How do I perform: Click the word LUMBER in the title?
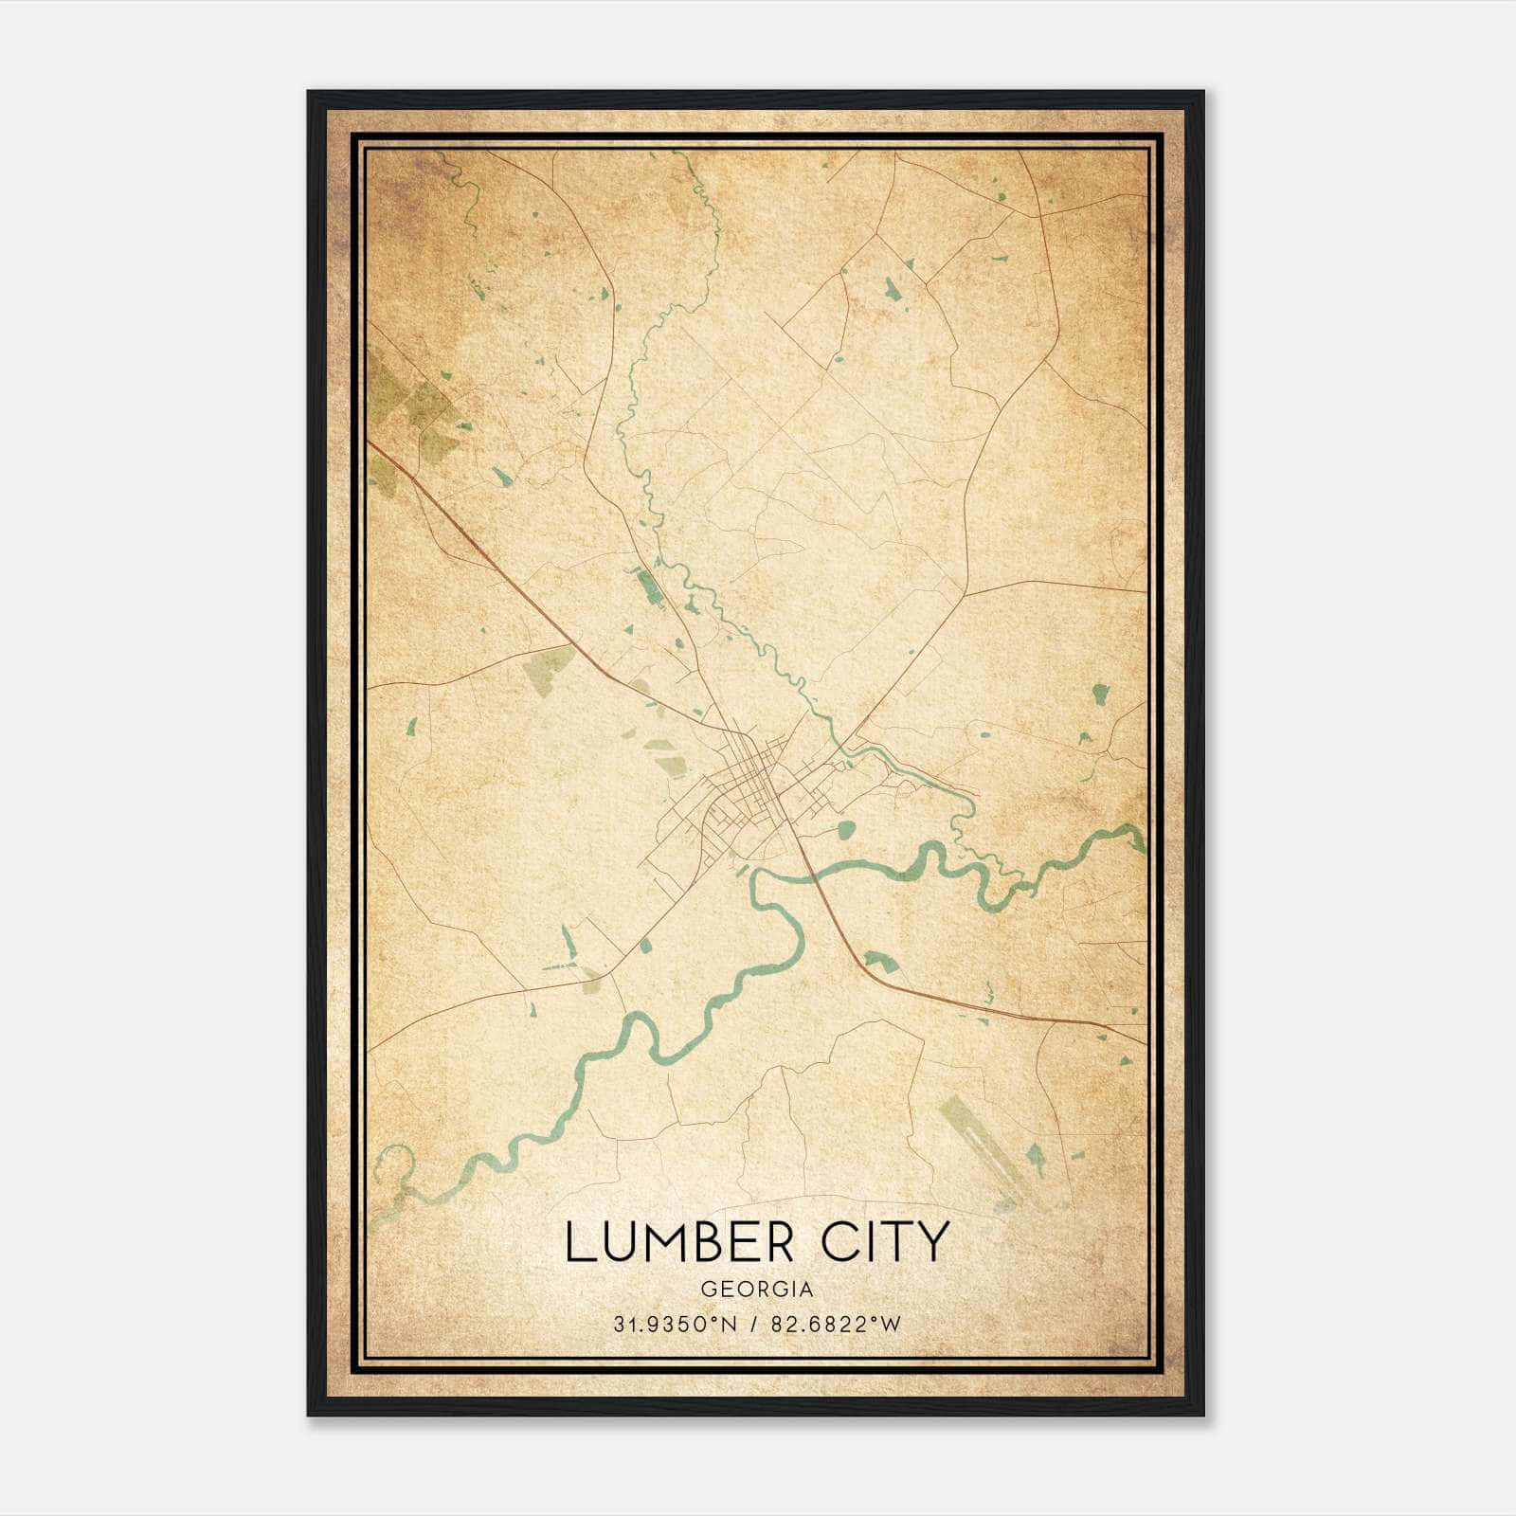(679, 1242)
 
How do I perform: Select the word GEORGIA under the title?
(757, 1289)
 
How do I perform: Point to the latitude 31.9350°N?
(674, 1324)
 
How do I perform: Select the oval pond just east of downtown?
(846, 831)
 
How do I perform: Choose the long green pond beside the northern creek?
(648, 587)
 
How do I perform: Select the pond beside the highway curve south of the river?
(877, 962)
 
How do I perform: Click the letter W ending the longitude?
(891, 1324)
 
